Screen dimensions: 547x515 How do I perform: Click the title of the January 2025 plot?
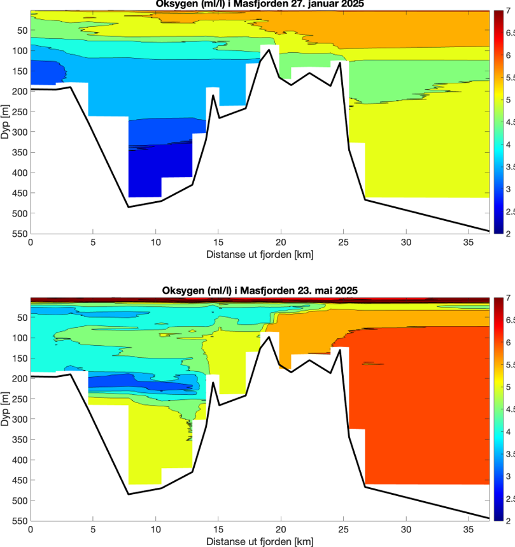[261, 4]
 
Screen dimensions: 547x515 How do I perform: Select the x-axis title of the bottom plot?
[260, 542]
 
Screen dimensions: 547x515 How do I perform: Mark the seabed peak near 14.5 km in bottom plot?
[213, 381]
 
